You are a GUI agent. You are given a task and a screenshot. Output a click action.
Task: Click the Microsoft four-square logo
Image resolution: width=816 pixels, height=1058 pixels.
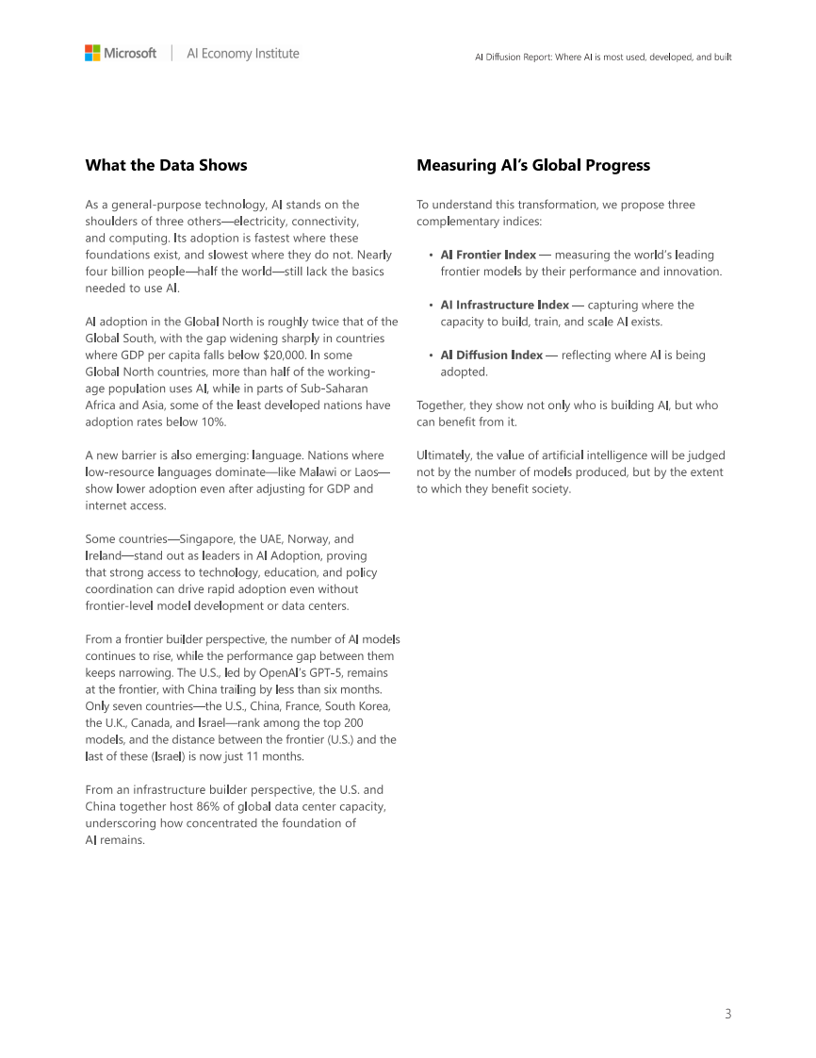coord(92,54)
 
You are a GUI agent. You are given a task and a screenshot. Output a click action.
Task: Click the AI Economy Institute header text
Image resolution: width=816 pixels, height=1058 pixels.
coord(243,54)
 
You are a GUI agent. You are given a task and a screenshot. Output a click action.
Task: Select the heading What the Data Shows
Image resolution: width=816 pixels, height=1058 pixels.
coord(166,165)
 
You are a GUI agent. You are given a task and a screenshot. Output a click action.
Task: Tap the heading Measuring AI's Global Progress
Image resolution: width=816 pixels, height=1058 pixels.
coord(533,165)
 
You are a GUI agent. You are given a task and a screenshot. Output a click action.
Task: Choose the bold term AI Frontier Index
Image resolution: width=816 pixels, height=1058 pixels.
coord(488,255)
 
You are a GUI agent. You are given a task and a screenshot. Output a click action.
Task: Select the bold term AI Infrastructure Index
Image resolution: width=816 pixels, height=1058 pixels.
coord(505,305)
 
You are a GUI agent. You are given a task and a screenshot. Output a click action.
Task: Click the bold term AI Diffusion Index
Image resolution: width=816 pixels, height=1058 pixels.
coord(492,355)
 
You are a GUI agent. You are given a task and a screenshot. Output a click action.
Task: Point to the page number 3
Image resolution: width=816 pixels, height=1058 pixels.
coord(727,1014)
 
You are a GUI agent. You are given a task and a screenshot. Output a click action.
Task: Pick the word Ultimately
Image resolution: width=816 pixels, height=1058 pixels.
coord(447,455)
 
